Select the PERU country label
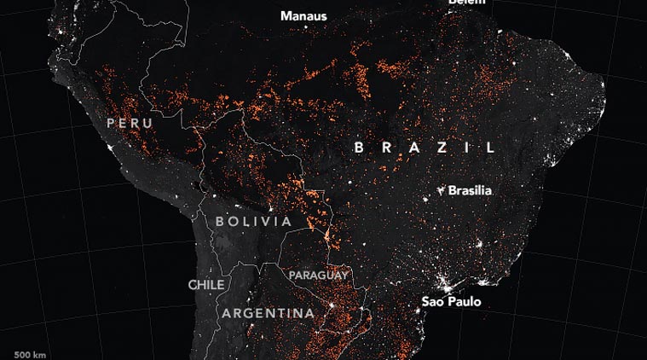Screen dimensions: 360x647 pos(129,124)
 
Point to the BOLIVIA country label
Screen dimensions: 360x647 pos(254,222)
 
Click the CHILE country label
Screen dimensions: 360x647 pos(206,284)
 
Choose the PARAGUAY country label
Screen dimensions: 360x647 pos(318,276)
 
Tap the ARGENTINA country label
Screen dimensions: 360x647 pos(268,314)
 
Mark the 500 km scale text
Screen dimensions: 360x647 pos(30,353)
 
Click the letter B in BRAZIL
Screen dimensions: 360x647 pos(360,148)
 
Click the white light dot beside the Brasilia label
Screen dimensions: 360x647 pos(440,188)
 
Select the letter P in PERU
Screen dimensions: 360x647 pos(110,124)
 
